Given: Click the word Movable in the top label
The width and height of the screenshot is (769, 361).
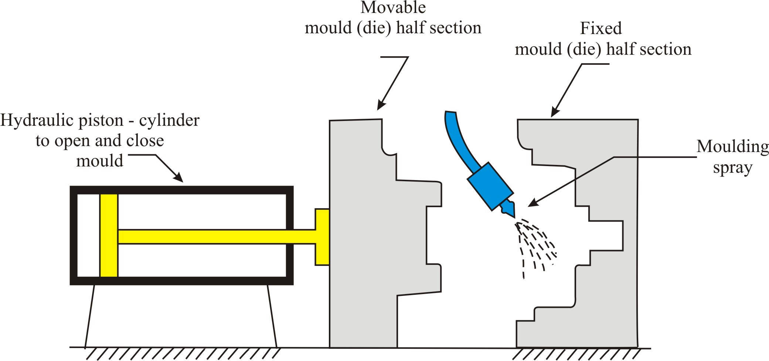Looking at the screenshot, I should (x=393, y=8).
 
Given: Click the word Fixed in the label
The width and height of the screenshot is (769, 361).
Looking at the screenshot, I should (x=601, y=28).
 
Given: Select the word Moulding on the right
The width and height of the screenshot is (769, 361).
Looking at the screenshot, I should (x=732, y=146).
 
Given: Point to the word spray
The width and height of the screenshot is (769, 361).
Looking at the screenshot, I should (x=732, y=168).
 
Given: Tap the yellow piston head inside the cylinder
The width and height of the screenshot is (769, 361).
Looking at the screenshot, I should (x=109, y=235).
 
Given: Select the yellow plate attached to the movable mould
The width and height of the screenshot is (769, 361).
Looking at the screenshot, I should (x=322, y=237).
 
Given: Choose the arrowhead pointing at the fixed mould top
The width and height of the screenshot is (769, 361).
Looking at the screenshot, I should (x=554, y=113).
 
